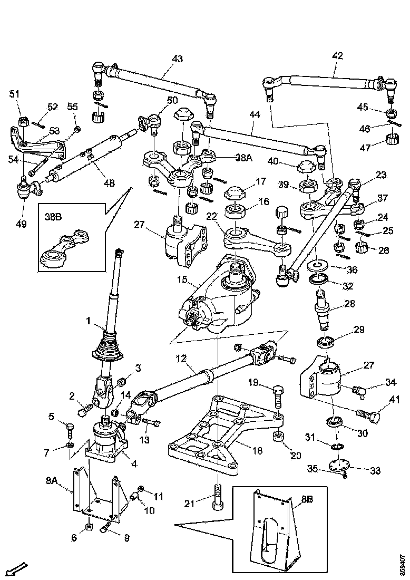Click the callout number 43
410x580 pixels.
pos(178,59)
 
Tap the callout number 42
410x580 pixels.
pos(337,55)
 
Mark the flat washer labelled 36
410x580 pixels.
pos(319,264)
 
